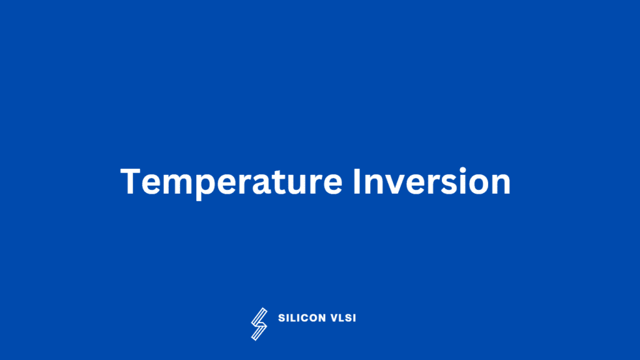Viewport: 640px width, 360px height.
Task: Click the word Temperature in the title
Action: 231,182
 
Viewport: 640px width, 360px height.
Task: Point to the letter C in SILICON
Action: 307,318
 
